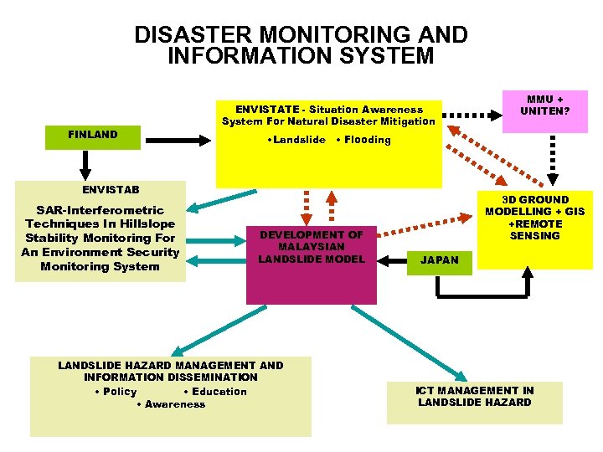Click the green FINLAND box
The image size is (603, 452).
[x=93, y=136]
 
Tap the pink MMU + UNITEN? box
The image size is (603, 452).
[x=544, y=110]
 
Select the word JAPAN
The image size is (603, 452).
[x=440, y=260]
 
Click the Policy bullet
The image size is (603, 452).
[x=116, y=392]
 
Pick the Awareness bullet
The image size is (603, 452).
[x=171, y=405]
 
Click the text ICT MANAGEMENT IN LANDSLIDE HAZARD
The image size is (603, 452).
[x=474, y=397]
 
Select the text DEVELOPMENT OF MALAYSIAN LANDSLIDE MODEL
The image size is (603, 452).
[x=311, y=248]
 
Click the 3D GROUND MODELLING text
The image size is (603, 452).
[x=535, y=206]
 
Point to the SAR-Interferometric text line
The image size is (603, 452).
[x=95, y=210]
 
